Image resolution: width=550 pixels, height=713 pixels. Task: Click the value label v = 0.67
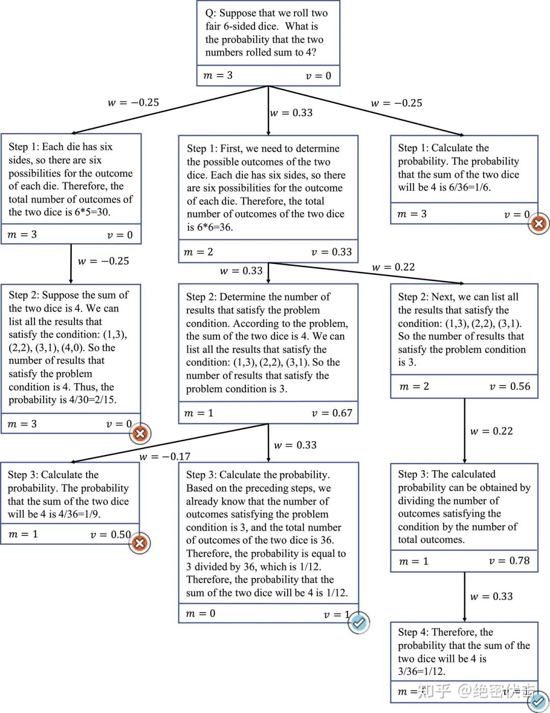click(x=332, y=413)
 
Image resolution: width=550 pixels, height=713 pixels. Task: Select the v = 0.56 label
click(x=509, y=386)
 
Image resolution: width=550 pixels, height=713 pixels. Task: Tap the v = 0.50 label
click(x=111, y=534)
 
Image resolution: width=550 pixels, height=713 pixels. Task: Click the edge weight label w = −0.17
click(x=164, y=457)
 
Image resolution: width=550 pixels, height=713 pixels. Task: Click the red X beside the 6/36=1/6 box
click(x=539, y=223)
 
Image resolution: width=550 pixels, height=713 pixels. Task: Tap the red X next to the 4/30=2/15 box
click(x=140, y=434)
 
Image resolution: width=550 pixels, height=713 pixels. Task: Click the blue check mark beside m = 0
click(x=359, y=622)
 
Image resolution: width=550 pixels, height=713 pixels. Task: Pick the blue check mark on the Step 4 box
click(x=538, y=702)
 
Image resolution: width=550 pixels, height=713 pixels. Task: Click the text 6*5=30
click(x=92, y=212)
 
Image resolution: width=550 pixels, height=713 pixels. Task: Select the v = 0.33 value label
click(x=331, y=252)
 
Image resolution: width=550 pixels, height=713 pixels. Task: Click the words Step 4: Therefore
click(x=445, y=632)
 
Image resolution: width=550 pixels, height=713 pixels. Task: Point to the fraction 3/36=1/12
click(x=421, y=671)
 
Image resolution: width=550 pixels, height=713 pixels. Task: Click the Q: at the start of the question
click(x=210, y=13)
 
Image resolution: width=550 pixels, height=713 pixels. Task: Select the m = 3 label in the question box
click(x=217, y=75)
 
